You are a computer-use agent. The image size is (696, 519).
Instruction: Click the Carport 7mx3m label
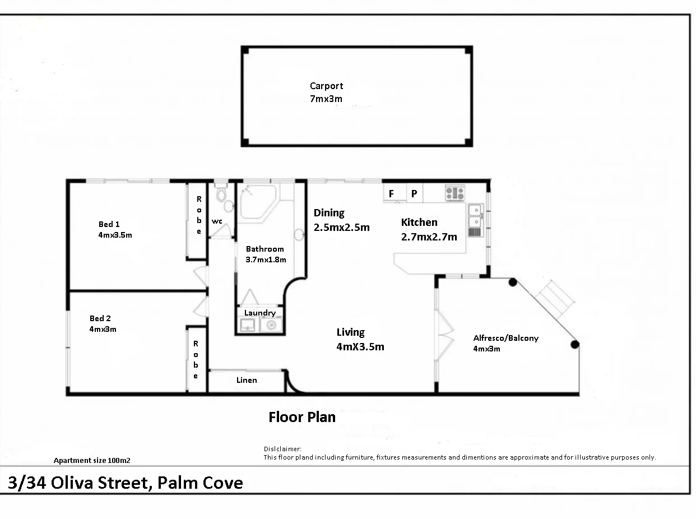tap(326, 92)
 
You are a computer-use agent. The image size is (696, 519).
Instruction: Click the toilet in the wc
tap(221, 196)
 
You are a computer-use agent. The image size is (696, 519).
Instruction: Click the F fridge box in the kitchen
tap(391, 194)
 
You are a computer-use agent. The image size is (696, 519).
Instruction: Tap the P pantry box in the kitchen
tap(414, 194)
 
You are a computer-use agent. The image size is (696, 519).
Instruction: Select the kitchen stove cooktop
tap(454, 193)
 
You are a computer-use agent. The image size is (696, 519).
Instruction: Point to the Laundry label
tap(259, 313)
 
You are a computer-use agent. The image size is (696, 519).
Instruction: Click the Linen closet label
tap(247, 380)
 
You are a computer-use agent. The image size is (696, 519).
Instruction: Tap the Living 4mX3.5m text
tap(360, 340)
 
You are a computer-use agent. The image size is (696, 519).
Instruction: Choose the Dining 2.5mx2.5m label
tap(341, 220)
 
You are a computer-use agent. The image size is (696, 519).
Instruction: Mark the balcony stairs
tap(555, 298)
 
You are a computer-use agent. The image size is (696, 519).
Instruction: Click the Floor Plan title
tap(302, 417)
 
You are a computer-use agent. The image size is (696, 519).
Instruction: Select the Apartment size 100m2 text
tap(92, 461)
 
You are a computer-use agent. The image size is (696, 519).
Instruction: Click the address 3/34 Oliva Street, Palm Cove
tap(126, 483)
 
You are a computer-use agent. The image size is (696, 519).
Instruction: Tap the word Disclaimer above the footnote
tap(282, 449)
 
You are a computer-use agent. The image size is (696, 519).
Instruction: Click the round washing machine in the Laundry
tap(272, 325)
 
